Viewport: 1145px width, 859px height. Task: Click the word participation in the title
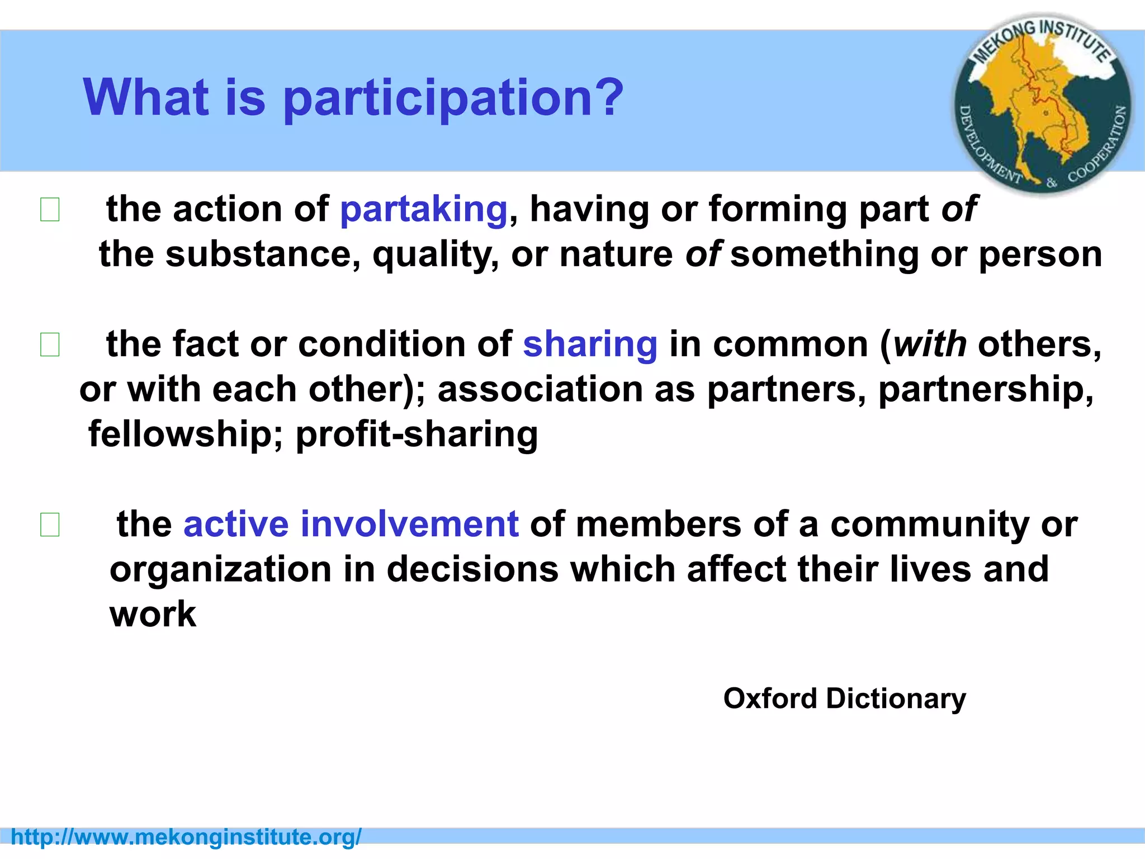[x=453, y=98]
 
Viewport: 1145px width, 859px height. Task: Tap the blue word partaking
[x=424, y=210]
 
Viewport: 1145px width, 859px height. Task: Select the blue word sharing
[x=590, y=344]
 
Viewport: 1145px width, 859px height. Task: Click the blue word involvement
[x=410, y=524]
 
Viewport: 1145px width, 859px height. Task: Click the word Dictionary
[x=896, y=698]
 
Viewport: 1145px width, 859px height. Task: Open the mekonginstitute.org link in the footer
[x=186, y=837]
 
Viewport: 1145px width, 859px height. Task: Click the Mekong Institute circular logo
[x=1043, y=105]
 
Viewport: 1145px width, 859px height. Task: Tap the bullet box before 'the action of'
[x=50, y=210]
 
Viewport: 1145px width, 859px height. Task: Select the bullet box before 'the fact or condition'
[x=50, y=344]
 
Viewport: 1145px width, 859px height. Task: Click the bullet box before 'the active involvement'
[x=50, y=525]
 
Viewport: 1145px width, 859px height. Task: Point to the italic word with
[x=930, y=344]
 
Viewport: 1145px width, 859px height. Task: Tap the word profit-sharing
[x=417, y=435]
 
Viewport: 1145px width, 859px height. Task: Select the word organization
[x=220, y=569]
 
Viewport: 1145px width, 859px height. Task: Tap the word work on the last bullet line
[x=153, y=614]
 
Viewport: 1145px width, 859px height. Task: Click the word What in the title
[x=146, y=98]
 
